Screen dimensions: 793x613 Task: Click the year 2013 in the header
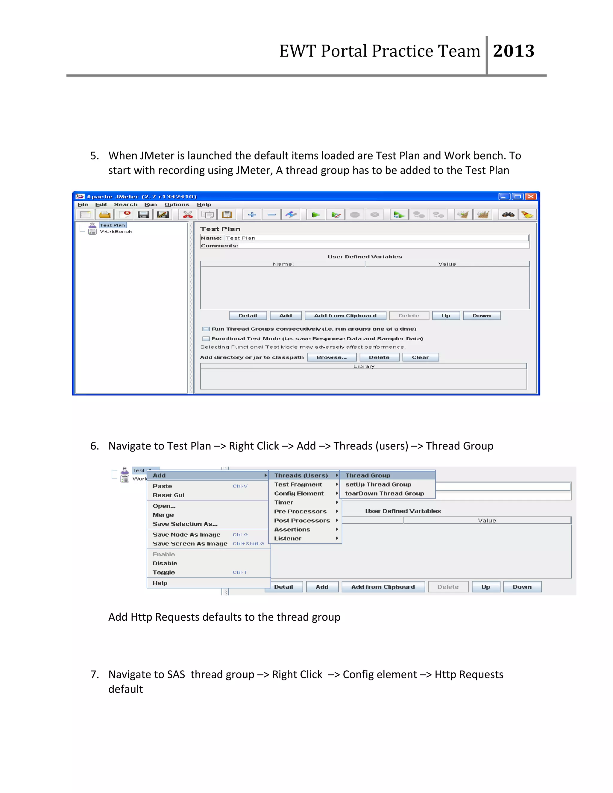pos(514,51)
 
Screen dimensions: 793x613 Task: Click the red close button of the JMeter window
pos(531,196)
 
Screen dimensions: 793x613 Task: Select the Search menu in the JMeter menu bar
pos(126,204)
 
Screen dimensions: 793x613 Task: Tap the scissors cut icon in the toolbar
pos(188,215)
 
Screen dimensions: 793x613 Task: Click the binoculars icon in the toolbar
pos(508,215)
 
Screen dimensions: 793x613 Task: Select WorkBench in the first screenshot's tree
pos(116,232)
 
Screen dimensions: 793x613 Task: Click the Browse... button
pos(331,357)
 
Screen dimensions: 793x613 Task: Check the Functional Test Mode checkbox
pos(206,339)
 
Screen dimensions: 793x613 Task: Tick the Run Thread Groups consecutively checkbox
pos(206,329)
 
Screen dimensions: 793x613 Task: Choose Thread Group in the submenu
pos(368,475)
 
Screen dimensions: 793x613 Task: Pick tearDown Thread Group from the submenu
pos(385,493)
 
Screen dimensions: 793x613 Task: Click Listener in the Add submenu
pos(288,538)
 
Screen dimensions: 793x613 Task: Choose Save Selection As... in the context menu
pos(185,524)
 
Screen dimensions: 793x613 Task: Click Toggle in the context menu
pos(164,572)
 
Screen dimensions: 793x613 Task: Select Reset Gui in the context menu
pos(169,495)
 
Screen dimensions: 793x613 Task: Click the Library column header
pos(363,366)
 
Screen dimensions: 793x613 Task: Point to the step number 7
pos(94,674)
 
